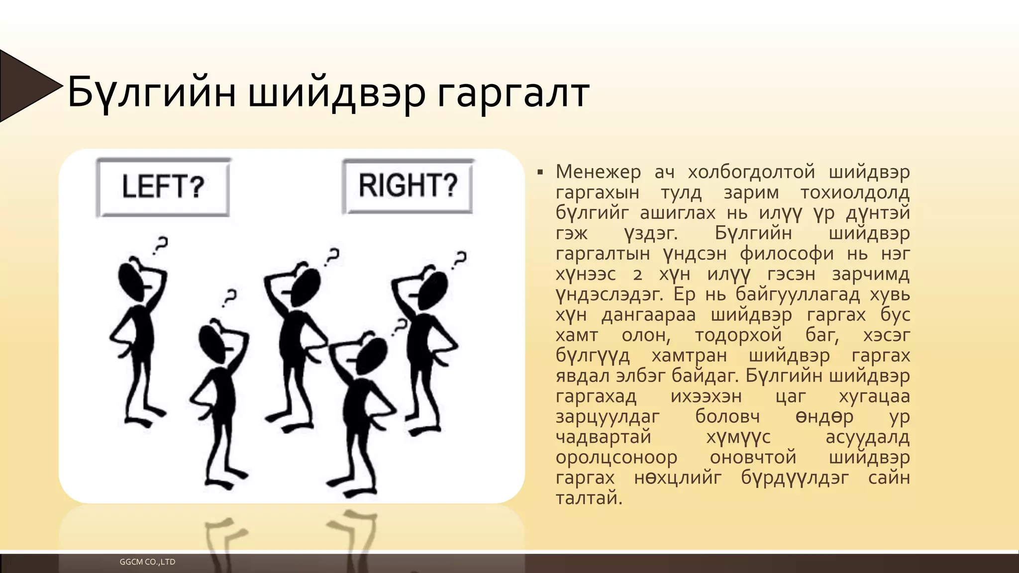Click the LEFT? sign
point(163,187)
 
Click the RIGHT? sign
point(408,186)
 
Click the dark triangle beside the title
point(25,86)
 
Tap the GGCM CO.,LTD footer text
point(147,562)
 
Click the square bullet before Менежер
point(540,173)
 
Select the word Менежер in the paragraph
point(598,172)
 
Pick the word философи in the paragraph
point(786,254)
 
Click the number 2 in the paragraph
point(637,275)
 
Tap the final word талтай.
point(589,498)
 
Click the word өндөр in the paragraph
point(824,417)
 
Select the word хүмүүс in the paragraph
point(738,437)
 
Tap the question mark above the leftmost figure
point(160,246)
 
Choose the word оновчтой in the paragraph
point(753,458)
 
